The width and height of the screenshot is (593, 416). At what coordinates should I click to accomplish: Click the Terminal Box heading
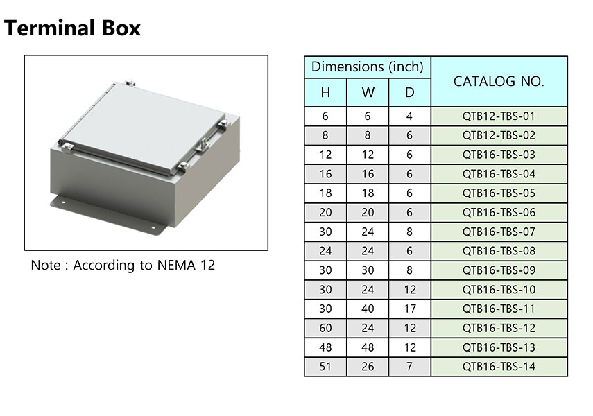(x=72, y=28)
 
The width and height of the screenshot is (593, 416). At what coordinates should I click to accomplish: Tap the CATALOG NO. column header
(x=499, y=81)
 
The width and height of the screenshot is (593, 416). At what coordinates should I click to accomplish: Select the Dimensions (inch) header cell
(x=367, y=67)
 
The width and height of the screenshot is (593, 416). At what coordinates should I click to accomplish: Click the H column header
(x=325, y=93)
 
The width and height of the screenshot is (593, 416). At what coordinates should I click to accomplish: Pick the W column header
(x=368, y=93)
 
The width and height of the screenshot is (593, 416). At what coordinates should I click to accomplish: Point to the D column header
(x=410, y=93)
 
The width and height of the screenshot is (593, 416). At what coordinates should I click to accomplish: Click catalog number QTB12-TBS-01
(x=499, y=116)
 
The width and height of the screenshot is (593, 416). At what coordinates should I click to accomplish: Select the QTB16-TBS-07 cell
(x=499, y=232)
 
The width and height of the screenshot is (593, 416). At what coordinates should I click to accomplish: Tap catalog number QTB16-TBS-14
(x=499, y=367)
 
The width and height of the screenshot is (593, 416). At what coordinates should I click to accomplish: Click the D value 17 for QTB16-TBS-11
(x=410, y=309)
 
